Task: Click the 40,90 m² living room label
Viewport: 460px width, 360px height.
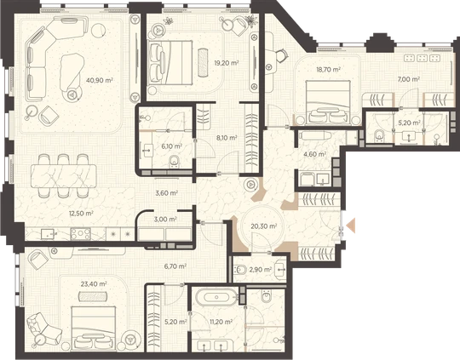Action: pos(100,80)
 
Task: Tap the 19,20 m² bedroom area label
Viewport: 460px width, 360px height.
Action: pos(227,62)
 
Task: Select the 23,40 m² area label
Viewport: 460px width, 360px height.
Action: pos(94,283)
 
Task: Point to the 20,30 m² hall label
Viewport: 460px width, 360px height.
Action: pos(264,226)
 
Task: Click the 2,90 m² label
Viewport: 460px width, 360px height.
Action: pos(261,270)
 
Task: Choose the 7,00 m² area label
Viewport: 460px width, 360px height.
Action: pos(409,79)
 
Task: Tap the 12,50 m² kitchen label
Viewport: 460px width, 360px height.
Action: pos(81,213)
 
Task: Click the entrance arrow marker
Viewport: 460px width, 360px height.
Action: pos(351,226)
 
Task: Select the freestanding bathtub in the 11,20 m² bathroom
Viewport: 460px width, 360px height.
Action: pos(217,298)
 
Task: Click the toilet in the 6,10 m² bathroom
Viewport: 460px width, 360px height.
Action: pos(175,162)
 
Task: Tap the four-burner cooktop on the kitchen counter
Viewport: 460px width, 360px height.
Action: pos(81,234)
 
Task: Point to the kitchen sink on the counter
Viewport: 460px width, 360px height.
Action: pos(48,234)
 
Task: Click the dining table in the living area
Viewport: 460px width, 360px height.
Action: pos(64,176)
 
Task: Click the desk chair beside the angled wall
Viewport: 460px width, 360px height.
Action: pos(281,54)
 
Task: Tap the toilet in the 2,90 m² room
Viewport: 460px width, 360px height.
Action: pos(240,269)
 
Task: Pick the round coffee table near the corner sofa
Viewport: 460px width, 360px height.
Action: pos(99,30)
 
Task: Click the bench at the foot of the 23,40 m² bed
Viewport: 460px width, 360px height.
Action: pos(93,296)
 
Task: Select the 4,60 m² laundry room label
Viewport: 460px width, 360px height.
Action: pos(315,154)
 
